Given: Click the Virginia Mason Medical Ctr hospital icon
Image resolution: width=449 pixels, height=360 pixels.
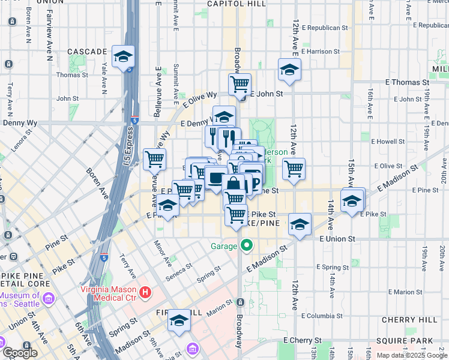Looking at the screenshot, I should (x=145, y=292).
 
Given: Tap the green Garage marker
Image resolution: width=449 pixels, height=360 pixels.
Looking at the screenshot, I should (x=246, y=245).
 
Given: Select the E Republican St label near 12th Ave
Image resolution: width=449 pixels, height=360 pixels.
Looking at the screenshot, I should (x=325, y=28).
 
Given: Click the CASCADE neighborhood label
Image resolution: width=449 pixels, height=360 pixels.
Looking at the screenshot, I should (x=87, y=52).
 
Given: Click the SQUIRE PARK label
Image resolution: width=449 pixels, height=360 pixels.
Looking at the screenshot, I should (x=410, y=341).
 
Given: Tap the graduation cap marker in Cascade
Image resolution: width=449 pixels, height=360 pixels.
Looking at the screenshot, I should (x=123, y=56).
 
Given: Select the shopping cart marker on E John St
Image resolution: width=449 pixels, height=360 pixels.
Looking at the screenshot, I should (x=240, y=83).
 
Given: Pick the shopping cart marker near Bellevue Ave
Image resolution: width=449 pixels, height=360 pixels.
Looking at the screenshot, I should (x=155, y=160).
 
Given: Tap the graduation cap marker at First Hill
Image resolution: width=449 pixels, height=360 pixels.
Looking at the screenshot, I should (x=179, y=320).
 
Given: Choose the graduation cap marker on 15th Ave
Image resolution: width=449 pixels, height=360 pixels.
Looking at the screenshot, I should (x=352, y=200).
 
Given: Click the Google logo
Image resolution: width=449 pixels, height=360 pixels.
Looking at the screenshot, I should (x=20, y=353).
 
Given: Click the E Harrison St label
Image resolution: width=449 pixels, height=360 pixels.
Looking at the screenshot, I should (x=321, y=52).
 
